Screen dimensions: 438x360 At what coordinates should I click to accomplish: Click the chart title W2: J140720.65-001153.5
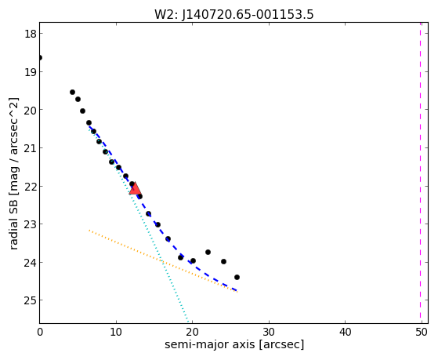point(234,14)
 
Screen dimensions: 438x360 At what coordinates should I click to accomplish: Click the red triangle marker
point(136,188)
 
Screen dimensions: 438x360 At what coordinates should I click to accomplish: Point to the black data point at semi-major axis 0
point(40,58)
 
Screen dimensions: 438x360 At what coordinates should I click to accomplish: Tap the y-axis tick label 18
point(30,34)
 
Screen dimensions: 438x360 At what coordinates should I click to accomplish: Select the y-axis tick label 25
point(30,300)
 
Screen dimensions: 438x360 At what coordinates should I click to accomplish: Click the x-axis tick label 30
point(269,333)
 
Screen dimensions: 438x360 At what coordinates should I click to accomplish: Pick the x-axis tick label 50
point(422,333)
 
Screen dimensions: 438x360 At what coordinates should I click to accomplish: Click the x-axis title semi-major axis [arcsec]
point(234,344)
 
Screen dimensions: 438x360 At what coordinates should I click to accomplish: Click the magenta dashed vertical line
point(420,173)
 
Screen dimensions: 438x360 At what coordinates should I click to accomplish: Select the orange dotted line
point(162,261)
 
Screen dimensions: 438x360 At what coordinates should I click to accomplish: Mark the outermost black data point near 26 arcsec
point(237,278)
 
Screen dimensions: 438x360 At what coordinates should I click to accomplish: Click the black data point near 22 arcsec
point(208,253)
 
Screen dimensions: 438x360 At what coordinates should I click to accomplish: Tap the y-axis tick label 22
point(30,187)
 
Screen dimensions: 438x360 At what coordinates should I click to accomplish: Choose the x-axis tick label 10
point(116,333)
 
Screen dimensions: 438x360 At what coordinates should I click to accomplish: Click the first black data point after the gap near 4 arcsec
point(72,93)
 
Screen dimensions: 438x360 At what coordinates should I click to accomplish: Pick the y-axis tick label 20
point(30,111)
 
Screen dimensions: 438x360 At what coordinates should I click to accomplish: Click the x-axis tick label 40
point(345,333)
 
